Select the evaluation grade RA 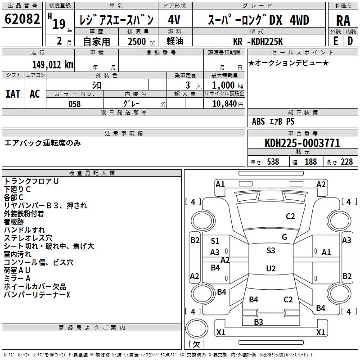pyautogui.click(x=343, y=20)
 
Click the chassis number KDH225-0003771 pyautogui.click(x=302, y=143)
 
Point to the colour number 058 pyautogui.click(x=74, y=104)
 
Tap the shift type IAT pyautogui.click(x=13, y=94)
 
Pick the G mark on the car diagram pyautogui.click(x=284, y=237)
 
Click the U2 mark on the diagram pyautogui.click(x=270, y=269)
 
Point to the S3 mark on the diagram pyautogui.click(x=270, y=251)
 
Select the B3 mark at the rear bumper pyautogui.click(x=258, y=322)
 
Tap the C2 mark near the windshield pyautogui.click(x=290, y=216)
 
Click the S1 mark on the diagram pyautogui.click(x=215, y=241)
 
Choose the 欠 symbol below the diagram pyautogui.click(x=196, y=344)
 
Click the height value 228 pyautogui.click(x=346, y=162)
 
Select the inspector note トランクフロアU pyautogui.click(x=31, y=181)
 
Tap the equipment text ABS pyautogui.click(x=258, y=121)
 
